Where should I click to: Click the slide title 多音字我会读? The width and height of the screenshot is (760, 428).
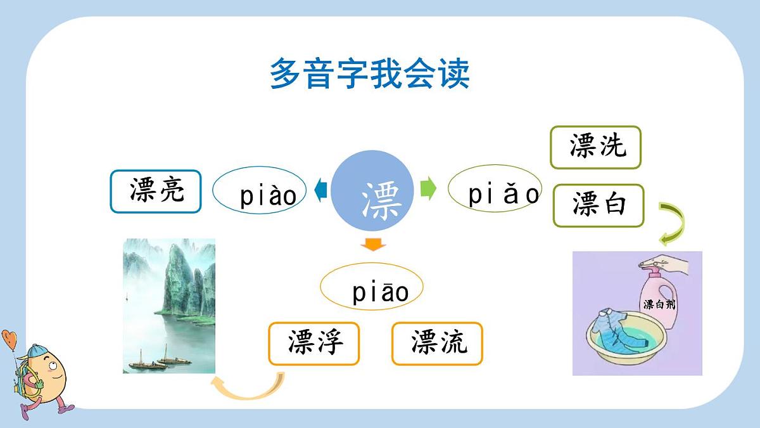point(369,74)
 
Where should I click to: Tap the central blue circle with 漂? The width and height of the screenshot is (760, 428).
point(372,190)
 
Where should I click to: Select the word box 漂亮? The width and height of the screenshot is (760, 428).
point(156,191)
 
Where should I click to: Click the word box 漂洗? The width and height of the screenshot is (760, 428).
point(595,147)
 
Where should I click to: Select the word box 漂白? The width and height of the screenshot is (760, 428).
point(598,205)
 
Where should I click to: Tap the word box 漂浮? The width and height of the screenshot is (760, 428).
point(313,344)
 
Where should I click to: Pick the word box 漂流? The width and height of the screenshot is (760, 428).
point(437,344)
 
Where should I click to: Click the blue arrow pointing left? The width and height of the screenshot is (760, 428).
point(320,190)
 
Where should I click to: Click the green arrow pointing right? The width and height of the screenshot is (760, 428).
point(429,189)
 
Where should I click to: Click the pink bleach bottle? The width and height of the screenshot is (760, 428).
point(657,298)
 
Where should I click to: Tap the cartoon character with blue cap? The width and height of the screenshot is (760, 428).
point(38,374)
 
